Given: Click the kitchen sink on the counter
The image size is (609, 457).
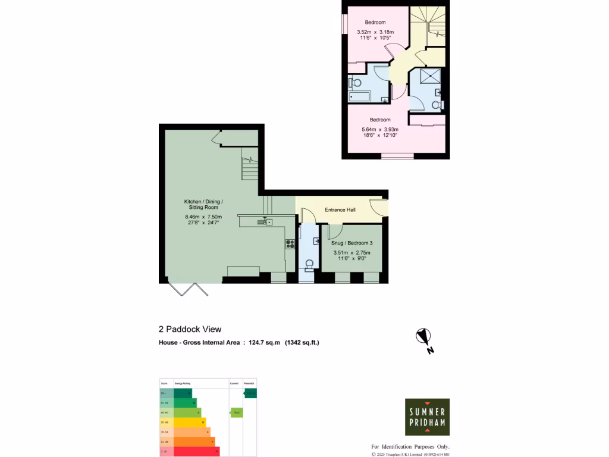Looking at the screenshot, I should click(x=264, y=222).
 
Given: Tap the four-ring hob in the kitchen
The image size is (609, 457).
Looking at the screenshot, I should click(x=290, y=243).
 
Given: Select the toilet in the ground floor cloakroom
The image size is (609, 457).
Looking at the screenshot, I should click(x=308, y=264).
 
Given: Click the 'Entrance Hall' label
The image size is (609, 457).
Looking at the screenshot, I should click(x=340, y=210).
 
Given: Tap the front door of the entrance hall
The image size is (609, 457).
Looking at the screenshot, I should click(x=378, y=206).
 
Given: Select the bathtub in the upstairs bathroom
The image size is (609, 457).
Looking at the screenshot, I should click(x=360, y=96).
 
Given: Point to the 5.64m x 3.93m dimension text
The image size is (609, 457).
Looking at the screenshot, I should click(x=379, y=129).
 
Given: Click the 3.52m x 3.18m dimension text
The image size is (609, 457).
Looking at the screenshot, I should click(x=375, y=32).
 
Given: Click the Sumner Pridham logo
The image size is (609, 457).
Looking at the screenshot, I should click(x=427, y=417).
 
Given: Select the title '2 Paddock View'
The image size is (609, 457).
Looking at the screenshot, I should click(x=190, y=329).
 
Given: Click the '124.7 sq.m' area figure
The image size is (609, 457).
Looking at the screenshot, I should click(x=263, y=342).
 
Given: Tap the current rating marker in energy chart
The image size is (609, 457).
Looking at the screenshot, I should click(x=236, y=412).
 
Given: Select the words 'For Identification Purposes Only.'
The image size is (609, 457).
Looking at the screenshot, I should click(x=410, y=447).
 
